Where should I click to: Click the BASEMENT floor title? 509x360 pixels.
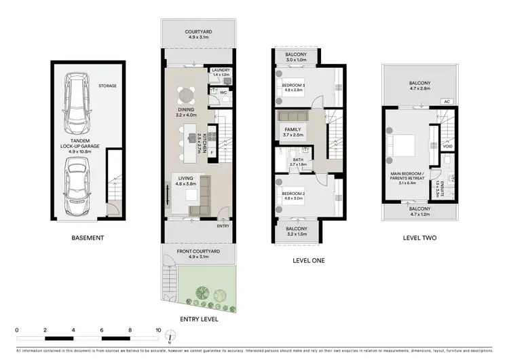tap(88, 238)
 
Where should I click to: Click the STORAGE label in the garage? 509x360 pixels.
tap(107, 86)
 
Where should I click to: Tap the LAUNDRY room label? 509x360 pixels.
tap(221, 70)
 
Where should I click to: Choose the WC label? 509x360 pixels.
tap(223, 92)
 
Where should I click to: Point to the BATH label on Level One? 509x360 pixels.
tap(299, 160)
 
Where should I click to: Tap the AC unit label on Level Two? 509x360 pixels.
tap(447, 102)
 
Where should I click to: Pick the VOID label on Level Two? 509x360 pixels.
tap(447, 145)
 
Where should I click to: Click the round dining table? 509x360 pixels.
tap(185, 95)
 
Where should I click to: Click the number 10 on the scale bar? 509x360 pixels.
tap(159, 330)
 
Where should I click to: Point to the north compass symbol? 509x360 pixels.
tap(175, 334)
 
